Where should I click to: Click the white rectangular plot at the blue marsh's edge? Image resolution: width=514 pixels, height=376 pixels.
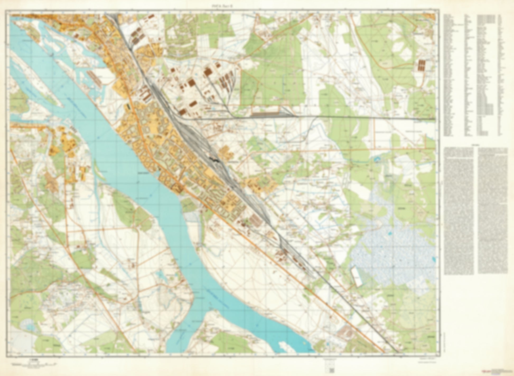tap(356, 277)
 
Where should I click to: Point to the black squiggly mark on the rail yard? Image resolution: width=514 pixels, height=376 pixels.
tap(214, 160)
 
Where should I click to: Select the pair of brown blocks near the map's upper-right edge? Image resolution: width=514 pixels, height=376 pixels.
tap(422, 65)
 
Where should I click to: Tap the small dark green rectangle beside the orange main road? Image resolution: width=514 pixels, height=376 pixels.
tap(128, 107)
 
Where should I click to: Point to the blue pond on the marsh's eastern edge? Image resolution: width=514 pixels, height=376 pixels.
tap(433, 259)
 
